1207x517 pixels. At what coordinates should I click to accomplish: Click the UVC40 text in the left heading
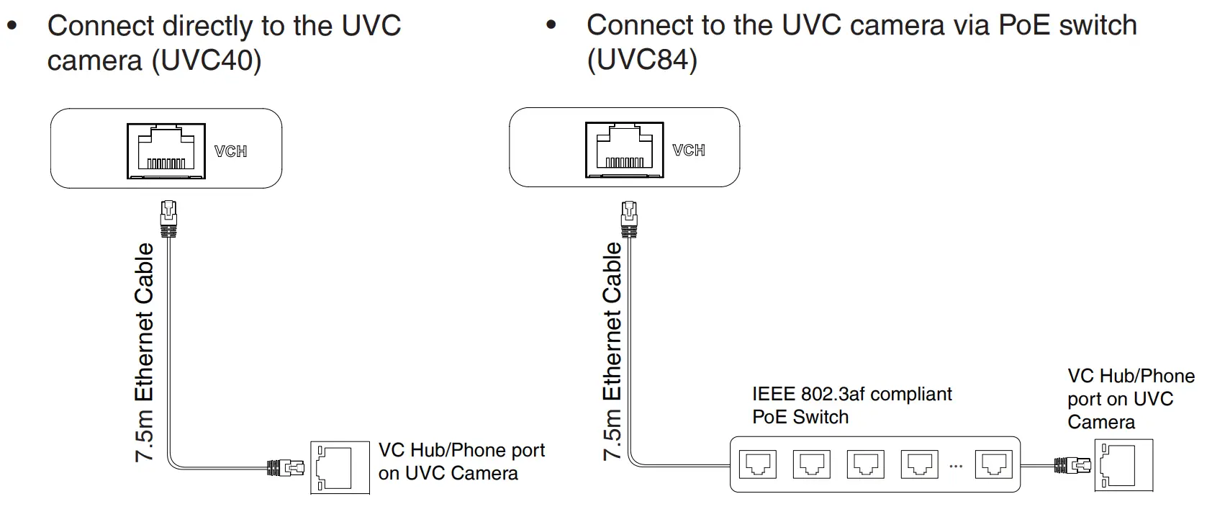pyautogui.click(x=207, y=60)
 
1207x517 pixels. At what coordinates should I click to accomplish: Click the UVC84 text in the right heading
pyautogui.click(x=643, y=59)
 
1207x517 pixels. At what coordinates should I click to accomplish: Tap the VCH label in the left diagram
pyautogui.click(x=230, y=151)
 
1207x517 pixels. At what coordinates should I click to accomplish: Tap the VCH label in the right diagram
pyautogui.click(x=689, y=150)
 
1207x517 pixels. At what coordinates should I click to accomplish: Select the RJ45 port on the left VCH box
pyautogui.click(x=166, y=150)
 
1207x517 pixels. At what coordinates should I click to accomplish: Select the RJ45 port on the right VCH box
pyautogui.click(x=624, y=149)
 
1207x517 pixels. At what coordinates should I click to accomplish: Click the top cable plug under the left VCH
pyautogui.click(x=169, y=219)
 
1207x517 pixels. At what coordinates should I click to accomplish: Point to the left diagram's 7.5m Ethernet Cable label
pyautogui.click(x=145, y=352)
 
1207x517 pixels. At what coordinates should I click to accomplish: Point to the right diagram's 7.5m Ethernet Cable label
pyautogui.click(x=612, y=351)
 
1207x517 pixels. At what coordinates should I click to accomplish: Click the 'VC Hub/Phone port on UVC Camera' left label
pyautogui.click(x=461, y=462)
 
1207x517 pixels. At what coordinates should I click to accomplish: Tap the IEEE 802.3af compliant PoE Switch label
pyautogui.click(x=851, y=405)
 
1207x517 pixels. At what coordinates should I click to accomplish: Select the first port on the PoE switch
pyautogui.click(x=757, y=464)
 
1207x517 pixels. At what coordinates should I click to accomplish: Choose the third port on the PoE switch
pyautogui.click(x=865, y=464)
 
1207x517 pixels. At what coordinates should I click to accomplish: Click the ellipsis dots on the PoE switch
pyautogui.click(x=956, y=467)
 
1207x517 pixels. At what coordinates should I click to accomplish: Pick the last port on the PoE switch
pyautogui.click(x=994, y=464)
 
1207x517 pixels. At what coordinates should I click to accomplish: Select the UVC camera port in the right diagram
pyautogui.click(x=1124, y=465)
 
